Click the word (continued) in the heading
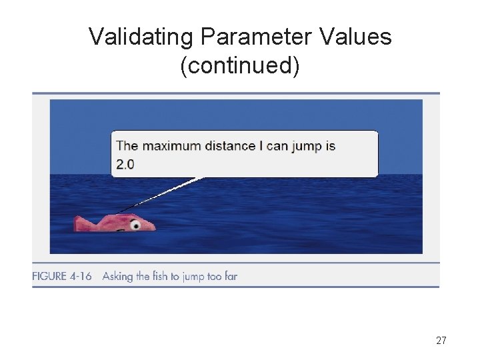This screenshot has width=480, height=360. click(x=240, y=65)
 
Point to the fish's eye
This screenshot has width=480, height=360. click(x=135, y=225)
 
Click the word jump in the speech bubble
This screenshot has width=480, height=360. click(x=306, y=147)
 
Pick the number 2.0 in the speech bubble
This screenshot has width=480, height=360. click(x=125, y=164)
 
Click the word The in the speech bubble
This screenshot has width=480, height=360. click(x=127, y=146)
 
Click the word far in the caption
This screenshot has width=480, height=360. click(x=230, y=276)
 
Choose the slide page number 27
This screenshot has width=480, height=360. click(x=441, y=341)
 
